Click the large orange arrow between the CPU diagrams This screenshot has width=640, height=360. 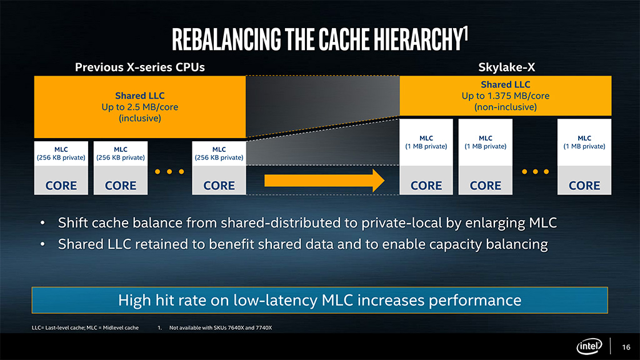pyautogui.click(x=324, y=181)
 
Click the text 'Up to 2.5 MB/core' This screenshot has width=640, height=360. pyautogui.click(x=139, y=107)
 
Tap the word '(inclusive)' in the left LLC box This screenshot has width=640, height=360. pyautogui.click(x=139, y=118)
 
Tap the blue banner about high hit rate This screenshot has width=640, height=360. pyautogui.click(x=319, y=301)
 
